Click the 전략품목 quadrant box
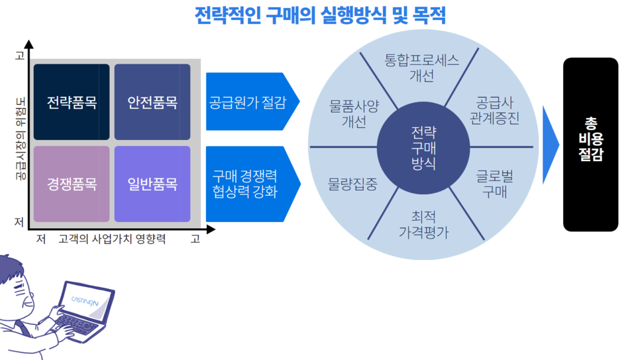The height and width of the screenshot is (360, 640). click(72, 101)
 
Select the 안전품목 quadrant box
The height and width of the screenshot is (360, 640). click(152, 101)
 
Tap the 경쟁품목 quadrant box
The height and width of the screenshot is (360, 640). click(72, 184)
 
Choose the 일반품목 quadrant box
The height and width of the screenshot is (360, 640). click(152, 184)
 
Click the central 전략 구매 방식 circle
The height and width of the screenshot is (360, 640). click(423, 148)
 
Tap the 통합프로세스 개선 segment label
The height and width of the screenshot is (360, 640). click(421, 68)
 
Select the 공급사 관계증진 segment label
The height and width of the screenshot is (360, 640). click(494, 110)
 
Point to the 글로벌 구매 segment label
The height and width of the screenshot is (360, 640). click(494, 184)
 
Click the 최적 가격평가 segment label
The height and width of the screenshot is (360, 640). click(423, 224)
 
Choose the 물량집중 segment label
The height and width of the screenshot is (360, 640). click(352, 184)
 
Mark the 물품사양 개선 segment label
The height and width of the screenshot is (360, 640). click(354, 114)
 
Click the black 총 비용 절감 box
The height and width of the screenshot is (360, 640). click(590, 145)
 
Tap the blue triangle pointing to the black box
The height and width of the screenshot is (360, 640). click(551, 145)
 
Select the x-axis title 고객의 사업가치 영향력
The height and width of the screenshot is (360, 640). click(112, 239)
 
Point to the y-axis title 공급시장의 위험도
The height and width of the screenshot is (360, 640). click(20, 139)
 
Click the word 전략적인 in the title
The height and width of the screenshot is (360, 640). click(228, 15)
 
